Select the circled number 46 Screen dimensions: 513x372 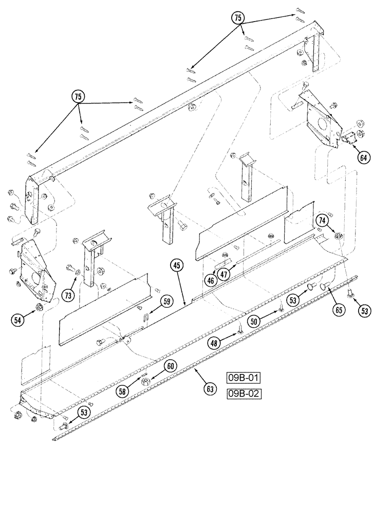click(211, 280)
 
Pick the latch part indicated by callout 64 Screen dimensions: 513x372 click(348, 137)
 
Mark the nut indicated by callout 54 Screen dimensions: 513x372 click(39, 307)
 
